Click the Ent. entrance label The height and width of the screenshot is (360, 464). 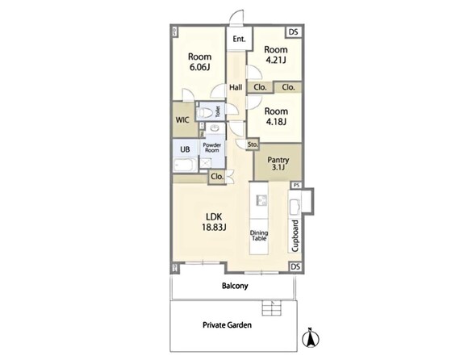point(239,39)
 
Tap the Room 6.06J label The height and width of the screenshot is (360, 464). point(200,61)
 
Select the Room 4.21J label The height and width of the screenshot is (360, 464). point(275,55)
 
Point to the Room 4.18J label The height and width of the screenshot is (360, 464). point(276,116)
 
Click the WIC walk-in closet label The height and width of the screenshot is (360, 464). point(182,120)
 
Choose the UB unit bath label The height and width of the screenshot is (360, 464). point(185,149)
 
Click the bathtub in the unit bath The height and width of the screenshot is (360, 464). point(185,165)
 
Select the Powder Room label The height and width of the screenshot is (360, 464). point(212,148)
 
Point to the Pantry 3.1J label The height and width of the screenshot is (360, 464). point(278,164)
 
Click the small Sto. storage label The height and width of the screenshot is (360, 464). point(253,144)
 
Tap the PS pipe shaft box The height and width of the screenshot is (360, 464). point(296,186)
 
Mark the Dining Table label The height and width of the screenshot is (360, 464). point(259,236)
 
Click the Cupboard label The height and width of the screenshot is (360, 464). point(295,236)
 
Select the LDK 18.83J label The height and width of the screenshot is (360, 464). point(214,222)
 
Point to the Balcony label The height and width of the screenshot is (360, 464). point(235,286)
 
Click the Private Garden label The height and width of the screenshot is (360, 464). point(227,325)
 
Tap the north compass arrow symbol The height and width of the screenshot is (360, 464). point(311,337)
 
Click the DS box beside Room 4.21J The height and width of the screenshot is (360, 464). point(293,32)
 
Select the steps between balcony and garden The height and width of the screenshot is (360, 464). point(272,308)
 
